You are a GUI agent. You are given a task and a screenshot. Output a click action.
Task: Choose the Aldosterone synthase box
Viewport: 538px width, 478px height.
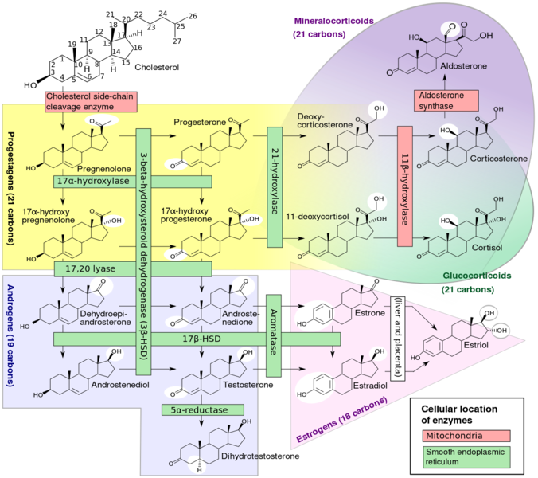(445, 101)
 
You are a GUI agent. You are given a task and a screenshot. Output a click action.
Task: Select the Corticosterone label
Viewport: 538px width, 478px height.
(498, 159)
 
